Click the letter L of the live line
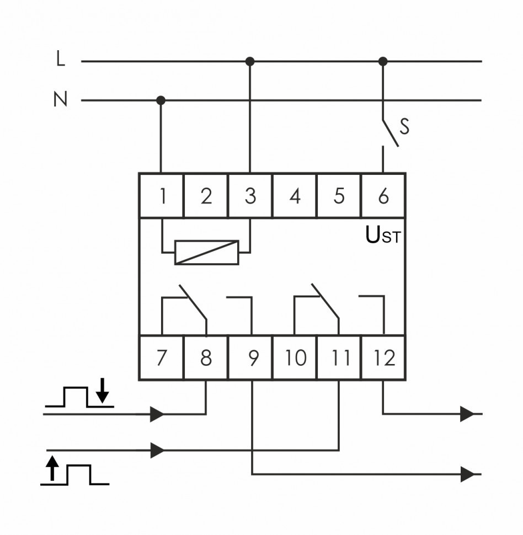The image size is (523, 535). [x=61, y=59]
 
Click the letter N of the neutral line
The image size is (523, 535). [x=60, y=100]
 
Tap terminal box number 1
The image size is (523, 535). [x=162, y=196]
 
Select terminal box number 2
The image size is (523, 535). [x=206, y=196]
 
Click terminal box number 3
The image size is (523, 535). [x=250, y=196]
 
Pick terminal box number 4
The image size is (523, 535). [x=295, y=196]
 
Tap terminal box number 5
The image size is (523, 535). [x=339, y=196]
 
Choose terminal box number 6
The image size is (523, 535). [x=383, y=196]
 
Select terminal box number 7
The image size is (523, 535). [x=161, y=358]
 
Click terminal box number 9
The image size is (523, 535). [x=252, y=358]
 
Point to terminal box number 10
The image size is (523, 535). [x=295, y=358]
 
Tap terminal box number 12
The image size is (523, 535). [x=384, y=358]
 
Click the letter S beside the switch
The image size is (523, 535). [x=404, y=127]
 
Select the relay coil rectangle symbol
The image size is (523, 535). [x=206, y=252]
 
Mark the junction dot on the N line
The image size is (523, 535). [x=161, y=100]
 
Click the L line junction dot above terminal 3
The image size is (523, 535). [x=250, y=61]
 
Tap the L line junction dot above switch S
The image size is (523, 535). [x=383, y=61]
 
